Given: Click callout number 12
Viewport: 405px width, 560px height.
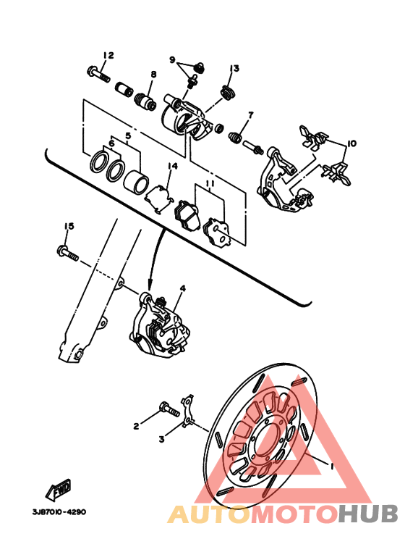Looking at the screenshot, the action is click(108, 55).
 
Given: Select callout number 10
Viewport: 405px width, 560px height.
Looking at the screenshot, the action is click(351, 143).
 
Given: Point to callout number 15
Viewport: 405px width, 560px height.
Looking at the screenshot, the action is click(69, 226).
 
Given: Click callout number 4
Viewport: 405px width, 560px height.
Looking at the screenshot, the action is click(182, 288).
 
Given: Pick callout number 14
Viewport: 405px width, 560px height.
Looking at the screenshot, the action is click(173, 166).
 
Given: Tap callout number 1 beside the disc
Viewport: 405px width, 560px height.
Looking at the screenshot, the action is click(331, 466).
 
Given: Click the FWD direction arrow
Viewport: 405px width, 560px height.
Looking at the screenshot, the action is click(58, 488).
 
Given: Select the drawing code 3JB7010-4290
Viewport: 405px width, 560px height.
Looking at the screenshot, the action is click(59, 511).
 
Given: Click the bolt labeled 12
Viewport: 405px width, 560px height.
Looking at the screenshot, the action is click(98, 73).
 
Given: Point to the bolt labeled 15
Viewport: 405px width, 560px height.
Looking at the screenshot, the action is click(68, 252).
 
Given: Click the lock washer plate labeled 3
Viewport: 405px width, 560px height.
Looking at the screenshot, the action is click(188, 411).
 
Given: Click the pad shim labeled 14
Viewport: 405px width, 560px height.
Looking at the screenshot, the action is click(158, 199).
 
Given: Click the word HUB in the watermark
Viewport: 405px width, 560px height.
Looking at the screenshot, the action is click(367, 514).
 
